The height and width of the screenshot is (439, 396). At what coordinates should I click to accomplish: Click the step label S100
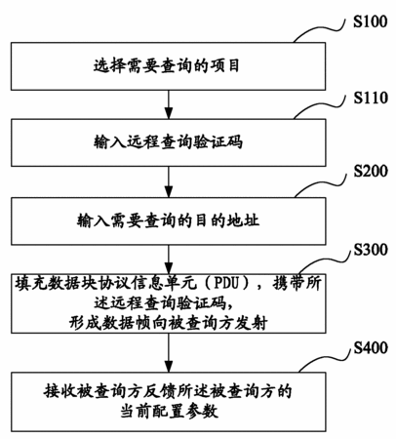click(x=371, y=21)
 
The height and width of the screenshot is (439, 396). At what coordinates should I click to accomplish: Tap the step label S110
click(x=371, y=98)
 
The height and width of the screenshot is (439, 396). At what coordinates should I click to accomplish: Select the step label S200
click(x=371, y=171)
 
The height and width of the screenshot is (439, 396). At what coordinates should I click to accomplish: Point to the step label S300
click(x=371, y=250)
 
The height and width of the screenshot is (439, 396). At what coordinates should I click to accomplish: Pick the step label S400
click(x=371, y=348)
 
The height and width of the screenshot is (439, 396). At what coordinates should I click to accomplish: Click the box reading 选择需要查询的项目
click(x=168, y=66)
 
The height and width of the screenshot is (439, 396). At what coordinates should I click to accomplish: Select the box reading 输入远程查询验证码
click(x=168, y=142)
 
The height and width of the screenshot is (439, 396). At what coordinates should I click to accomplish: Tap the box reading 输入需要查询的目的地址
click(x=168, y=221)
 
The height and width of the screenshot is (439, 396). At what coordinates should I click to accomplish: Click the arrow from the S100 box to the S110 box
click(x=168, y=104)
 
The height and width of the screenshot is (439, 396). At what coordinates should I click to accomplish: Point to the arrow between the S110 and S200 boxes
click(x=168, y=182)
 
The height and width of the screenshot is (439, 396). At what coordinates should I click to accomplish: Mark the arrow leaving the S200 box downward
click(x=168, y=259)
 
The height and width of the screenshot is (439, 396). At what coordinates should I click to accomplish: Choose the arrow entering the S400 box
click(x=168, y=353)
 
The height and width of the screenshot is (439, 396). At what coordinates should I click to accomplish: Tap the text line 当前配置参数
click(x=169, y=411)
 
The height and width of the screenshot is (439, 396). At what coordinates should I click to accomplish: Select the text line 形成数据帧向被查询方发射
click(x=168, y=323)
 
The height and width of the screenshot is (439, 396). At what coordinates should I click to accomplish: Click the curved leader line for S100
click(x=318, y=30)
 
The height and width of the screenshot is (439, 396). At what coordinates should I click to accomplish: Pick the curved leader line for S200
click(x=319, y=184)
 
